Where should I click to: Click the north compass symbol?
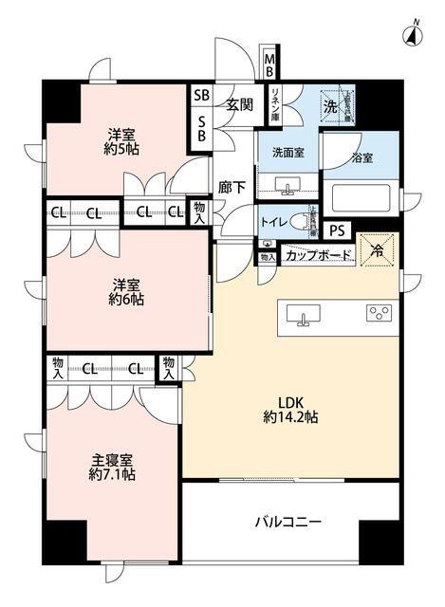tap(414, 35)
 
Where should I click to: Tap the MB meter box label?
tap(269, 66)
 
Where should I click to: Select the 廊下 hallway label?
tap(232, 187)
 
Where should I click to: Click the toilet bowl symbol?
tap(302, 221)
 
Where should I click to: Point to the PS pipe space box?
tap(336, 230)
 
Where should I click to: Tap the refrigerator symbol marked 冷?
tap(377, 251)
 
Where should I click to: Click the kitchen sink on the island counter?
tap(304, 316)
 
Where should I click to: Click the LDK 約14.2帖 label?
tap(290, 408)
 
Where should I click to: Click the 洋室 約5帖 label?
tap(123, 139)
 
